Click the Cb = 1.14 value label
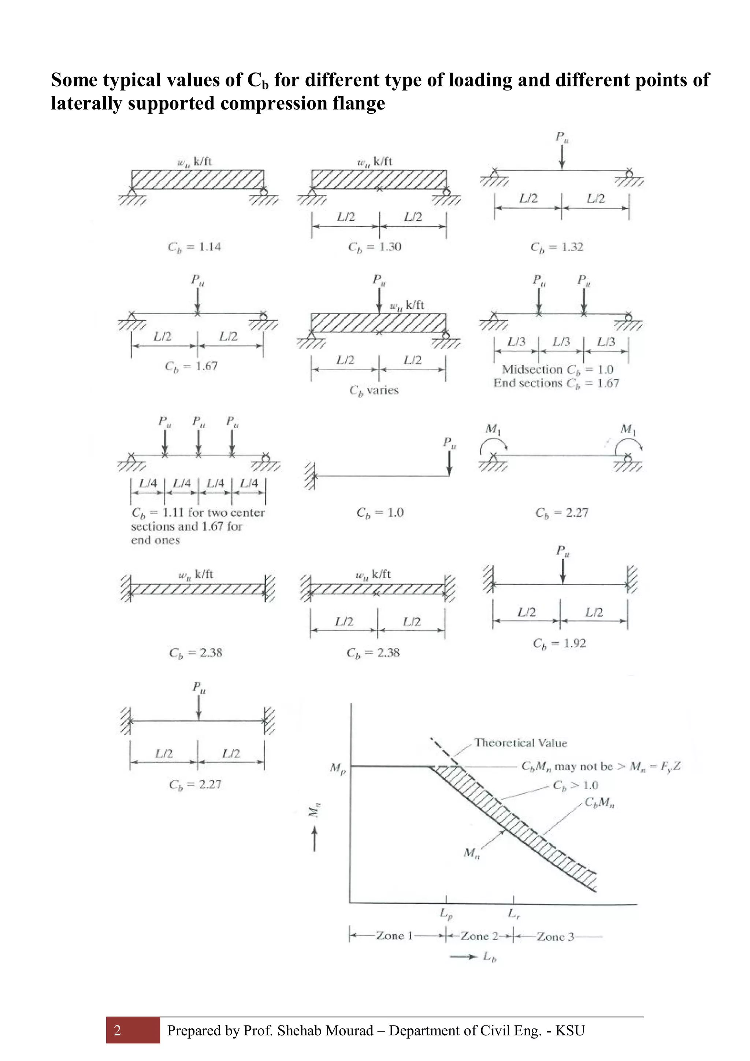194,247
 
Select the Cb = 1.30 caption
374,247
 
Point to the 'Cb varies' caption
374,390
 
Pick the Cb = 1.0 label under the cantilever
380,512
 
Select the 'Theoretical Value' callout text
520,743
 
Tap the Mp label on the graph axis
337,768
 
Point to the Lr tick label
513,913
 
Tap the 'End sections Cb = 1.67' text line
556,383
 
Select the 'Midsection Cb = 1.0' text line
557,370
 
